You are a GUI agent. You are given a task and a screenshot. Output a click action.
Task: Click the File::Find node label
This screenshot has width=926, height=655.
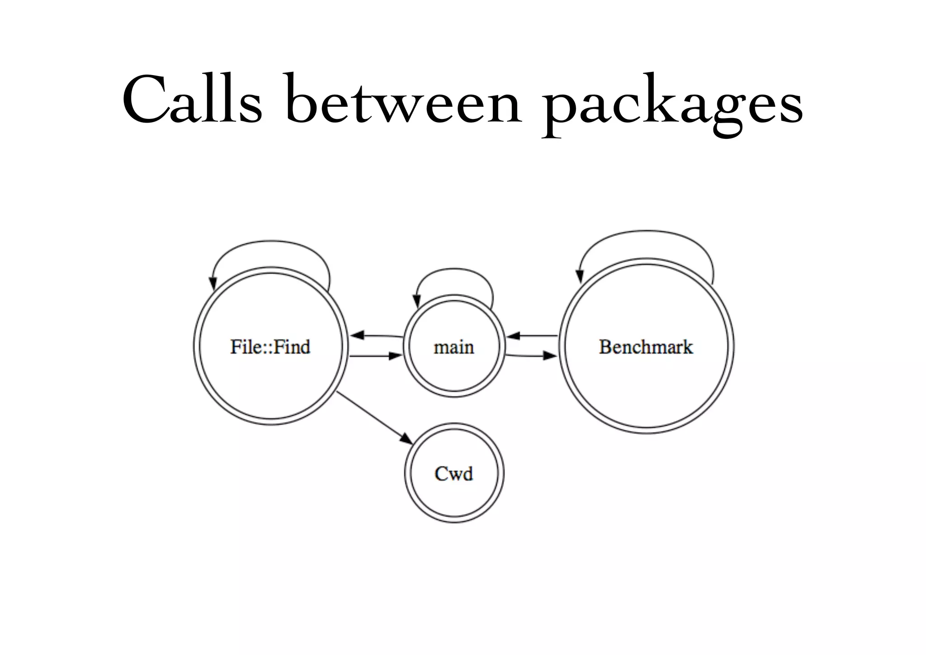tap(270, 347)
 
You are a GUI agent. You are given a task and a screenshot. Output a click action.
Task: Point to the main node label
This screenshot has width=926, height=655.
tap(454, 347)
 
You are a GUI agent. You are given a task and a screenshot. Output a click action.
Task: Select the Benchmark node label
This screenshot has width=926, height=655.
tap(646, 347)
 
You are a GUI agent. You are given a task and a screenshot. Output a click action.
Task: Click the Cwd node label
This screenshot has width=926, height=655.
tap(454, 474)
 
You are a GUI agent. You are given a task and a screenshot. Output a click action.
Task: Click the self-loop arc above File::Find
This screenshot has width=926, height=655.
tap(271, 241)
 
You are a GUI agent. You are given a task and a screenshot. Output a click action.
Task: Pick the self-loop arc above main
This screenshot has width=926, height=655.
tap(454, 269)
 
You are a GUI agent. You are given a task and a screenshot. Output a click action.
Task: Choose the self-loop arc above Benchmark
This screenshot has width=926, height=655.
tap(647, 231)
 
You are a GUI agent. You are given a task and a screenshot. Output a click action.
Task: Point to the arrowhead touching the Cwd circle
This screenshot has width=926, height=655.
tap(406, 438)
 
